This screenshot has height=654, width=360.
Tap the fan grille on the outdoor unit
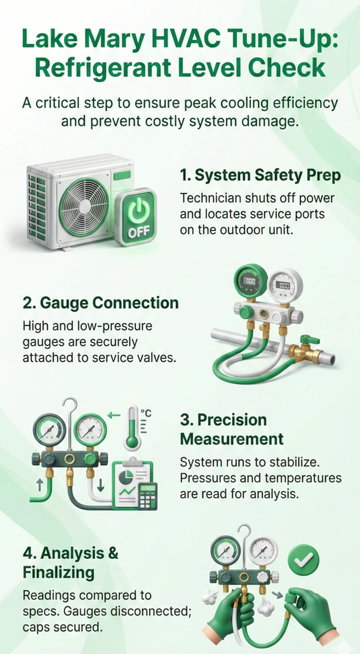pyautogui.click(x=84, y=207)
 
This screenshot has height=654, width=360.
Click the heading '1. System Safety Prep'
pyautogui.click(x=260, y=175)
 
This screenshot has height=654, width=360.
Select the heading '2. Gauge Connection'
pyautogui.click(x=101, y=303)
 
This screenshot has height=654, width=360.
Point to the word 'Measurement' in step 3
pyautogui.click(x=232, y=439)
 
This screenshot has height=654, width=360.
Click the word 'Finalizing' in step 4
pyautogui.click(x=58, y=572)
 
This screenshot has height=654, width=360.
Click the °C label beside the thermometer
pyautogui.click(x=146, y=414)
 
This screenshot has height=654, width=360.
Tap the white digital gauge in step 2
pyautogui.click(x=285, y=285)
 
